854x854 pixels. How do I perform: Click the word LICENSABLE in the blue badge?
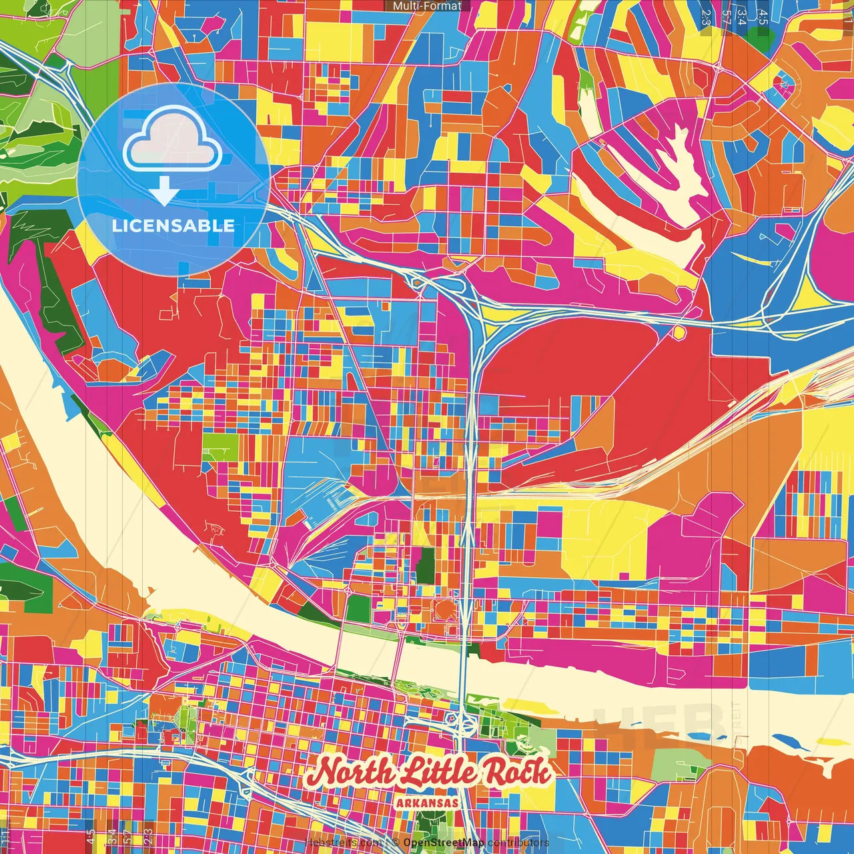click(173, 226)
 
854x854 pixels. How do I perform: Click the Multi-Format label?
click(427, 6)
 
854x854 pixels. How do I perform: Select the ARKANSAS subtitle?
click(427, 803)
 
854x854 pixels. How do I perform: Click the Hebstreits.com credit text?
click(343, 843)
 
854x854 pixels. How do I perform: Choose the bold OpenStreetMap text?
click(443, 843)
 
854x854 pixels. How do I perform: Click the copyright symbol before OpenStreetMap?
click(395, 843)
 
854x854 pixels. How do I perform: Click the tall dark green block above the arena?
click(425, 566)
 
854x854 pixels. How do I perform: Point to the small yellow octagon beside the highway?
click(679, 332)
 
